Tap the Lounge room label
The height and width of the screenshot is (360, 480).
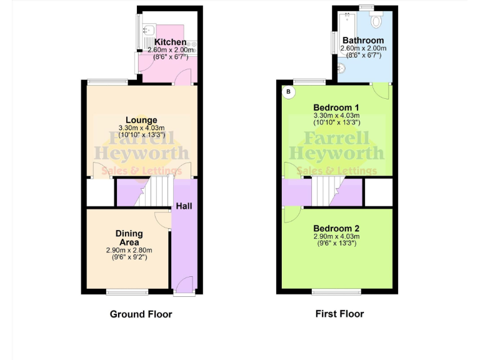(141, 120)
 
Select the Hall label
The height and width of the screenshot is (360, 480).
(184, 206)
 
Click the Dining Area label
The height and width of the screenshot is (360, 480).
(129, 237)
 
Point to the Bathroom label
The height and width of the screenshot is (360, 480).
(363, 41)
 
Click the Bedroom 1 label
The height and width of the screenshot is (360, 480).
(337, 107)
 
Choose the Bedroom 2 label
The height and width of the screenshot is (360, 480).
(337, 228)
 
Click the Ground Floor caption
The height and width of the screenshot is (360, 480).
(141, 314)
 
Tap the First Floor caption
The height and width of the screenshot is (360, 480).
(339, 314)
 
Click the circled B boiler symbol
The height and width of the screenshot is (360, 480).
(288, 92)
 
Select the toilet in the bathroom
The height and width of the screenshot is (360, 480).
(376, 21)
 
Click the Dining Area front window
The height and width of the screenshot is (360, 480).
(127, 291)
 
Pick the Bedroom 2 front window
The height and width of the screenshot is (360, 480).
(336, 291)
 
